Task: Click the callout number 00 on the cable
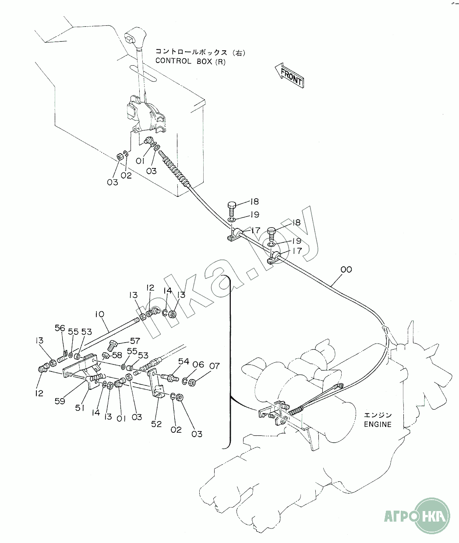point(346,270)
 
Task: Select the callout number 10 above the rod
point(99,314)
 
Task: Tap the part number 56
point(60,328)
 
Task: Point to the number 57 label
point(134,341)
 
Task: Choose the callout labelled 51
point(79,408)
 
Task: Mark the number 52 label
point(156,424)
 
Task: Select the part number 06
point(198,365)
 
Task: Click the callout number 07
point(214,366)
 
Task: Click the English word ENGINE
point(377,424)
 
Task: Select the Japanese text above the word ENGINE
point(378,415)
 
